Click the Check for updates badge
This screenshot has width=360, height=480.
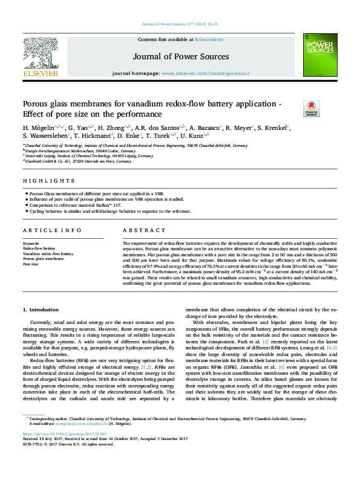point(311,109)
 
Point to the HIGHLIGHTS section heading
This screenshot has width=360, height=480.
point(41,181)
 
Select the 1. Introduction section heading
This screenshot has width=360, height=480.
point(41,310)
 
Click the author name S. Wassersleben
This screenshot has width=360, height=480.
point(45,137)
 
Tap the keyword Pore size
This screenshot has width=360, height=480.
point(30,264)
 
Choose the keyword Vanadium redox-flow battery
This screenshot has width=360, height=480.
point(48,254)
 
